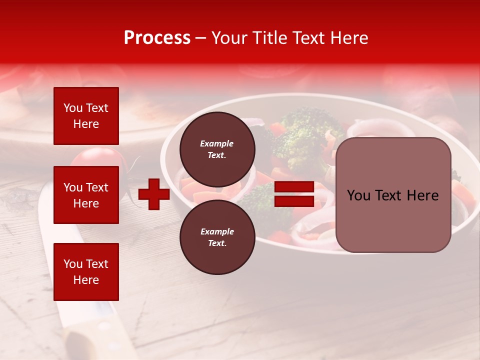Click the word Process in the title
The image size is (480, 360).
pyautogui.click(x=157, y=38)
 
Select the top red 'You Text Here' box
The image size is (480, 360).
pyautogui.click(x=86, y=116)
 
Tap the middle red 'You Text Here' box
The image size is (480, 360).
pyautogui.click(x=86, y=195)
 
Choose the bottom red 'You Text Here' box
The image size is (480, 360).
pyautogui.click(x=86, y=272)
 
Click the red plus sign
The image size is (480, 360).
pyautogui.click(x=154, y=194)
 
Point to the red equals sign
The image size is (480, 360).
pyautogui.click(x=294, y=194)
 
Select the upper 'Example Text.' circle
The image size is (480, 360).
pyautogui.click(x=217, y=149)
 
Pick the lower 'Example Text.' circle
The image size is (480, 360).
pyautogui.click(x=217, y=237)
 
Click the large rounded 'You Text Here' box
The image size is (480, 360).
pyautogui.click(x=393, y=195)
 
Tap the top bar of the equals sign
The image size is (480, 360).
pyautogui.click(x=294, y=187)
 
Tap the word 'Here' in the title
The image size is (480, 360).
pyautogui.click(x=350, y=38)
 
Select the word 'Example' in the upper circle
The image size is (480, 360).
pyautogui.click(x=217, y=143)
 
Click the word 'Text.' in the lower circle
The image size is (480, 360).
pyautogui.click(x=217, y=243)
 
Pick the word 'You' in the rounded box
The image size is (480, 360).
pyautogui.click(x=358, y=195)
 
